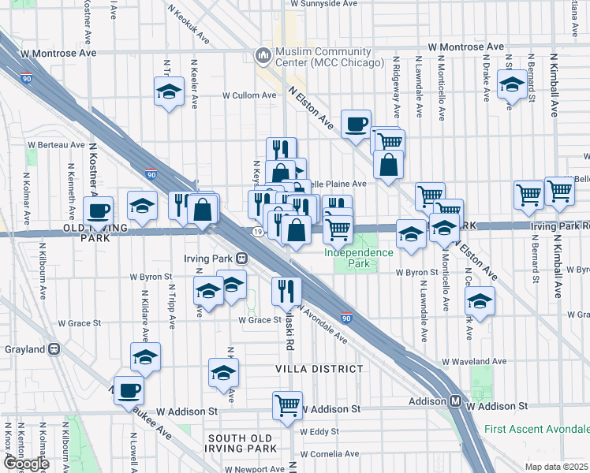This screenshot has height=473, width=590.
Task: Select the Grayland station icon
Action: (x=54, y=348)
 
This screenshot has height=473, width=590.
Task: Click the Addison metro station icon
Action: (x=456, y=400)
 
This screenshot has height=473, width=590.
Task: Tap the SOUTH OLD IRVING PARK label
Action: (x=242, y=443)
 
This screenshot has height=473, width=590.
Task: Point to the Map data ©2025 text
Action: (x=557, y=467)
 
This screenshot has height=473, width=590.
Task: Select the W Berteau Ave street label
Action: (x=56, y=145)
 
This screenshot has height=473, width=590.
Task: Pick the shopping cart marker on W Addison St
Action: (x=288, y=405)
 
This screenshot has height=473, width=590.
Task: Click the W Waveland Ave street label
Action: (x=474, y=362)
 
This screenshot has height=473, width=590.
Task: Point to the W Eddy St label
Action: (x=319, y=431)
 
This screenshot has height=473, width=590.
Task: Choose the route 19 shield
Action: (x=258, y=232)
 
